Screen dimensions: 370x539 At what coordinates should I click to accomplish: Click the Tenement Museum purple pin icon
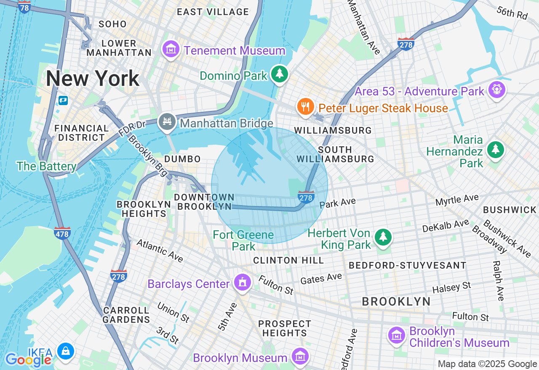pyautogui.click(x=171, y=50)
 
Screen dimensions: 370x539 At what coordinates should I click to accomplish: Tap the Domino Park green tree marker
pyautogui.click(x=279, y=74)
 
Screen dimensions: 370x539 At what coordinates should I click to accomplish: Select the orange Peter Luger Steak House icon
pyautogui.click(x=305, y=107)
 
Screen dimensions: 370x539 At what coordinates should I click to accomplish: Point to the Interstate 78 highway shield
pyautogui.click(x=24, y=7)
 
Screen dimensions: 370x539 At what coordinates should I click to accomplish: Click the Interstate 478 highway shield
pyautogui.click(x=62, y=233)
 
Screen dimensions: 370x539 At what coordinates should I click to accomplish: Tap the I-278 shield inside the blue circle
pyautogui.click(x=306, y=197)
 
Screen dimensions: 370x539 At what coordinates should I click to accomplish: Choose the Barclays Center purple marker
pyautogui.click(x=243, y=283)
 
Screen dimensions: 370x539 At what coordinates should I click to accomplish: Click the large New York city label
pyautogui.click(x=93, y=79)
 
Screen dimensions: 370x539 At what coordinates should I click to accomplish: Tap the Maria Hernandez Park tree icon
pyautogui.click(x=495, y=149)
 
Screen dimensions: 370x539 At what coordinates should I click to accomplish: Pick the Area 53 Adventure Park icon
pyautogui.click(x=497, y=90)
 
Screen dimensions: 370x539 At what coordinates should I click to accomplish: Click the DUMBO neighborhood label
pyautogui.click(x=182, y=159)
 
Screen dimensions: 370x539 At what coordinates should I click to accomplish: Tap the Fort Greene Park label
pyautogui.click(x=243, y=240)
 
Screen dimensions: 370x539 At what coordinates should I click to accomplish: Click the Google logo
pyautogui.click(x=28, y=359)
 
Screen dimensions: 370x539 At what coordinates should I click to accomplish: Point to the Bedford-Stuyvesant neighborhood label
pyautogui.click(x=407, y=265)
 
